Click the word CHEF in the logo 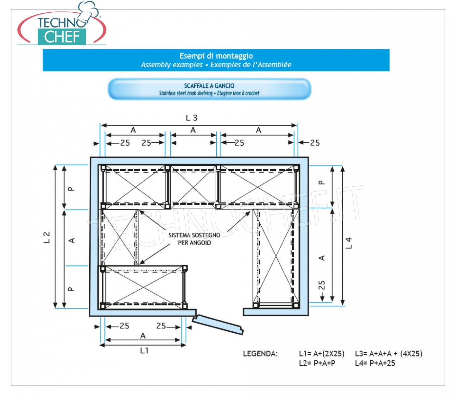pos(62,37)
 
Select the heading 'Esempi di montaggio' pos(216,56)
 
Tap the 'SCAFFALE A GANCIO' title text pos(209,85)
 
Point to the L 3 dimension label pos(192,118)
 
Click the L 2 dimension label pos(47,237)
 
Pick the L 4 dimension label pos(348,243)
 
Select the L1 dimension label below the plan pos(144,350)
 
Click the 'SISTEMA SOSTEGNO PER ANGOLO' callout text pos(194,239)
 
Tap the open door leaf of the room pos(218,324)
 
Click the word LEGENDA pos(260,354)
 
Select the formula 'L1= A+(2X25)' pos(322,354)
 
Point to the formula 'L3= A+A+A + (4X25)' pos(389,354)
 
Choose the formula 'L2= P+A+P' pos(317,363)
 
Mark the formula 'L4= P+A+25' pos(375,363)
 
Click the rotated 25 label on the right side pos(322,285)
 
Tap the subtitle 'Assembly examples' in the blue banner pos(172,65)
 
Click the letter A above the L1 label pos(143,336)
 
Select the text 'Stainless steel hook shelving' pos(186,93)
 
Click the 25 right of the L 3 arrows pos(315,143)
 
